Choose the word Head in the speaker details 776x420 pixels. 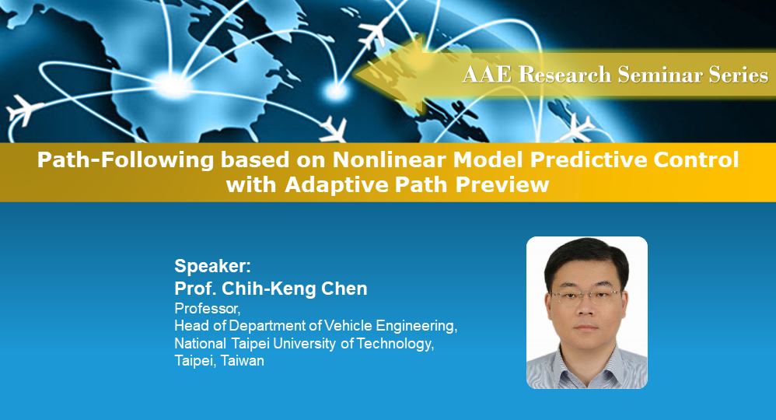tap(189, 325)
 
